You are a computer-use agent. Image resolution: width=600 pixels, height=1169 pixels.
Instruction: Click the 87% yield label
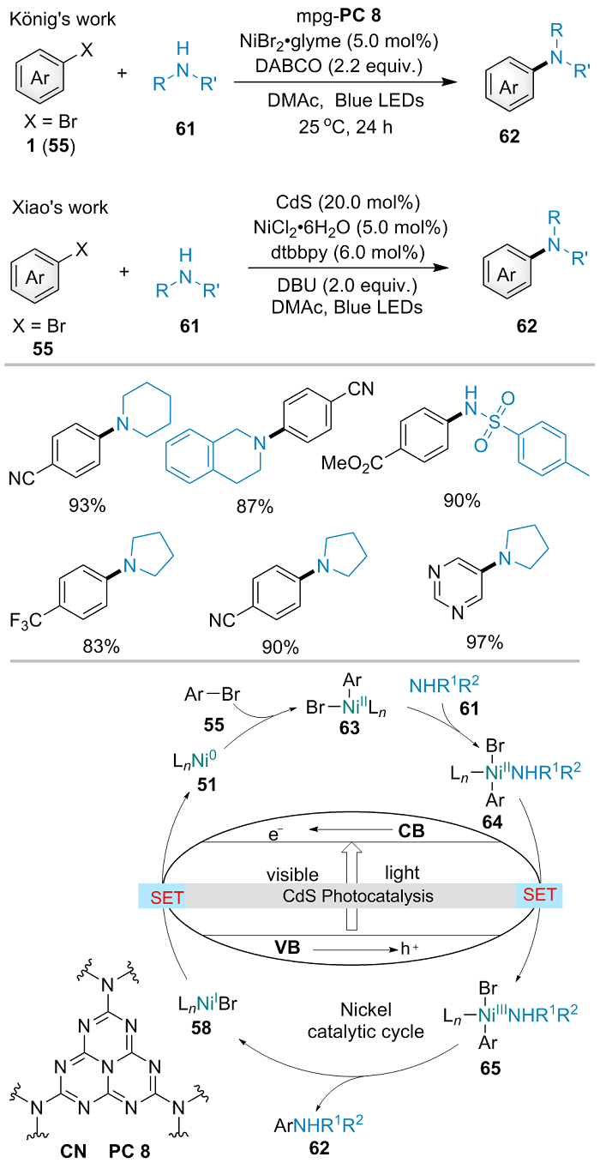[255, 507]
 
